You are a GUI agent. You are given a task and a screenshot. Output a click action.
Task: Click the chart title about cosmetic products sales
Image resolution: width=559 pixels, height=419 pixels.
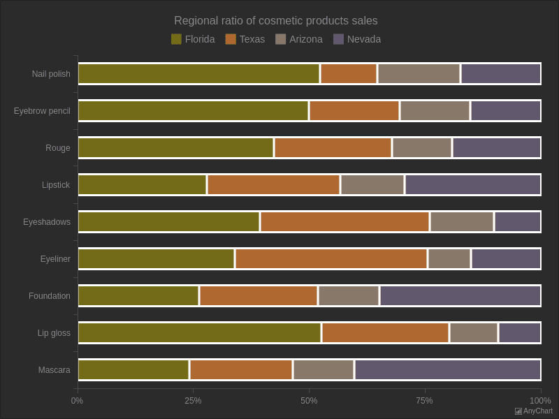[275, 21]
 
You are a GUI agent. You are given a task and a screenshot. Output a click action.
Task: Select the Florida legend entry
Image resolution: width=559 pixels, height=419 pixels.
[193, 39]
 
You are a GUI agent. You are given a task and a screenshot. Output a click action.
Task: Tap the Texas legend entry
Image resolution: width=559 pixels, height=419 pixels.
[245, 39]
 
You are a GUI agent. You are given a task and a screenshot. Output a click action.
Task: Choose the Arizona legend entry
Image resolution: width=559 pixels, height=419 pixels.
[299, 39]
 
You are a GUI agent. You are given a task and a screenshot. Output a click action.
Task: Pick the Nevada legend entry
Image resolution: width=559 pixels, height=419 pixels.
[357, 39]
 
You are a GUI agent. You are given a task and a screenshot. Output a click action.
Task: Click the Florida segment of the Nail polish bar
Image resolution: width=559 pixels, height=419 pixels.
[198, 73]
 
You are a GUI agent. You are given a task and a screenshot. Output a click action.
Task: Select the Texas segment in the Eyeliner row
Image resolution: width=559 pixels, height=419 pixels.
[331, 258]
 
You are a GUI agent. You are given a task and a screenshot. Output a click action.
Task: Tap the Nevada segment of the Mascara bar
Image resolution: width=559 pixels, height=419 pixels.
[447, 369]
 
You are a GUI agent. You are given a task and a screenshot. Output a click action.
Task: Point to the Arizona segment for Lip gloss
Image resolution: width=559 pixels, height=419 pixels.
[474, 332]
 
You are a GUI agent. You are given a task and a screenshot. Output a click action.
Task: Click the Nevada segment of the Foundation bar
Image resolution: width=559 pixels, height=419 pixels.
[460, 295]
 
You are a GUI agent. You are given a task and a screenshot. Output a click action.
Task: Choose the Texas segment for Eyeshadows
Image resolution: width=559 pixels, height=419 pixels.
[344, 221]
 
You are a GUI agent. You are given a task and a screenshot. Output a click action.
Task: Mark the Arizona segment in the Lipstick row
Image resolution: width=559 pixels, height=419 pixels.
[372, 184]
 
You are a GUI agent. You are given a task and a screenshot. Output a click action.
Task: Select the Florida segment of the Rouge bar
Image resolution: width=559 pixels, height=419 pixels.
[175, 147]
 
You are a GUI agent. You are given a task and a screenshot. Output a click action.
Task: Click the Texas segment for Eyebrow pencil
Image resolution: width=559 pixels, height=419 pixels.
[354, 110]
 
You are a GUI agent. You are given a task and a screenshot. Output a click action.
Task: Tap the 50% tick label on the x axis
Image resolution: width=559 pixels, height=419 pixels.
[309, 401]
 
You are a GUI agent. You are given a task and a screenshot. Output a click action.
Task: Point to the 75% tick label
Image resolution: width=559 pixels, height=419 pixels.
[424, 401]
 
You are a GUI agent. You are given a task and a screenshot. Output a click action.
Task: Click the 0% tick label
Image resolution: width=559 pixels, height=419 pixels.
[77, 401]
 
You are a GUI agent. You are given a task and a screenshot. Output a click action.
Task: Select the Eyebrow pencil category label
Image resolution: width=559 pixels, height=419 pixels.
[42, 111]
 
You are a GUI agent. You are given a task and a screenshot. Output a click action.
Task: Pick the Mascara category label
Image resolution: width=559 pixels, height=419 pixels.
[54, 370]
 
